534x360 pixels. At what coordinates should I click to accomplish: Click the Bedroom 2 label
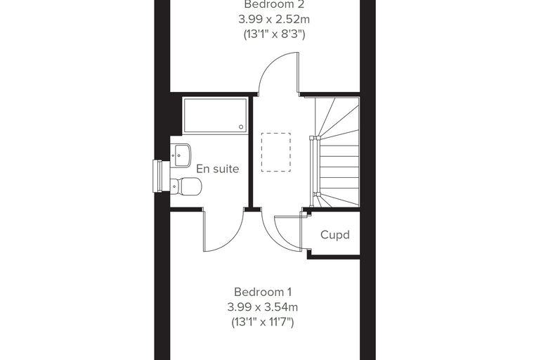point(274,4)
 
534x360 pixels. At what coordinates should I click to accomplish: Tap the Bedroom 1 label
point(263,292)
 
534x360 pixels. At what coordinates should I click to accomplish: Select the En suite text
point(218,169)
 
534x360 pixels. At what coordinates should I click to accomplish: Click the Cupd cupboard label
point(335,235)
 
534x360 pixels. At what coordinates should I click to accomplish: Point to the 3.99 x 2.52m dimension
point(274,20)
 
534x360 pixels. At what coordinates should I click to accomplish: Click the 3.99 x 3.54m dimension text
point(263,307)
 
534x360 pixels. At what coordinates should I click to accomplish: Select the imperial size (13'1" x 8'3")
point(274,34)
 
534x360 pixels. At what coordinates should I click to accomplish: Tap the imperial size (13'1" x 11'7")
point(263,322)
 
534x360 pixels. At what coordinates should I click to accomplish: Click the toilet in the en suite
point(186,187)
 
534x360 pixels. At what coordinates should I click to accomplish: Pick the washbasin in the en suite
point(181,155)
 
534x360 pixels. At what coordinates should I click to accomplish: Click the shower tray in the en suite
point(215,115)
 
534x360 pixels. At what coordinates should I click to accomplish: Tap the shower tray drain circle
point(241,127)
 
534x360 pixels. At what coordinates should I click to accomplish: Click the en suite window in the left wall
point(161,176)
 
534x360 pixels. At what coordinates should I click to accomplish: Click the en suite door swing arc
point(235,239)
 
